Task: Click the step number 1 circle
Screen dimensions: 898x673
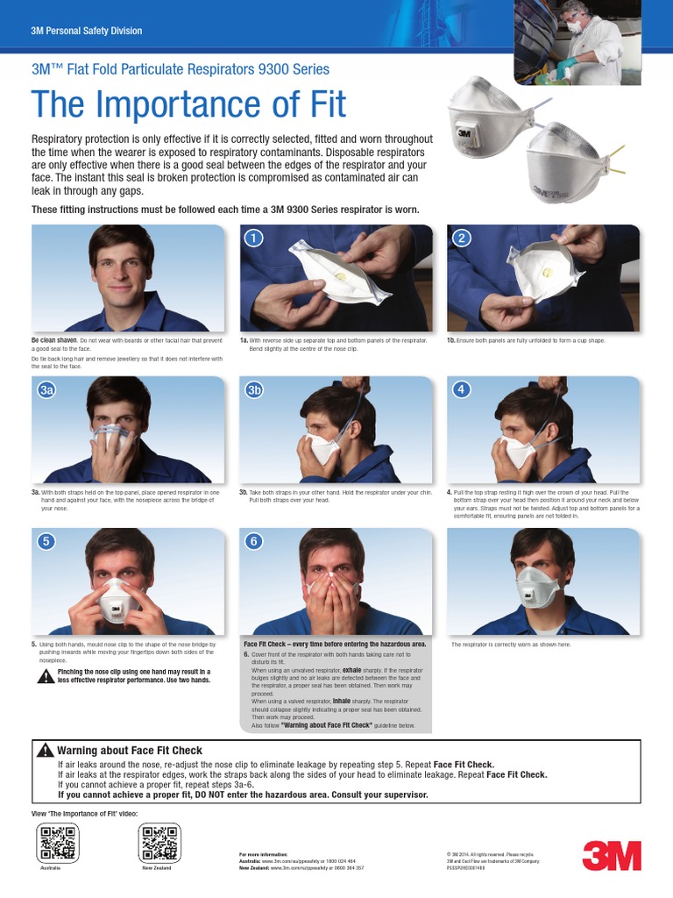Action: click(252, 238)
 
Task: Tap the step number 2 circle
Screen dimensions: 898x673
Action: click(460, 238)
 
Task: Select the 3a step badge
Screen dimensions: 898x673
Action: click(46, 390)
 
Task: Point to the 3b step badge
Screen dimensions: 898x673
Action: click(254, 390)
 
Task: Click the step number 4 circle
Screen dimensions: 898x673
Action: click(460, 389)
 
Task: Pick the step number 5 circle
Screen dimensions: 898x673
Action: click(46, 541)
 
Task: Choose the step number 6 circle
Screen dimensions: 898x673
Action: click(253, 541)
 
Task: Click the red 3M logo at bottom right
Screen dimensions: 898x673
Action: click(611, 855)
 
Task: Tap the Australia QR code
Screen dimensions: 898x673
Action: click(59, 844)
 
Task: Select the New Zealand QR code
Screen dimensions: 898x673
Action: click(159, 844)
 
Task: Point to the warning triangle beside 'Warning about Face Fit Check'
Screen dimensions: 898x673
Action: click(46, 750)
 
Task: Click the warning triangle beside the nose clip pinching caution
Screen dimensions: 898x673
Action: click(45, 676)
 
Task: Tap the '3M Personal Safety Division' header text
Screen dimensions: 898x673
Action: click(86, 31)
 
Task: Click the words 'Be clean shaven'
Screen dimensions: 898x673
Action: click(54, 339)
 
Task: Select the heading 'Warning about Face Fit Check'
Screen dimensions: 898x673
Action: click(129, 751)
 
